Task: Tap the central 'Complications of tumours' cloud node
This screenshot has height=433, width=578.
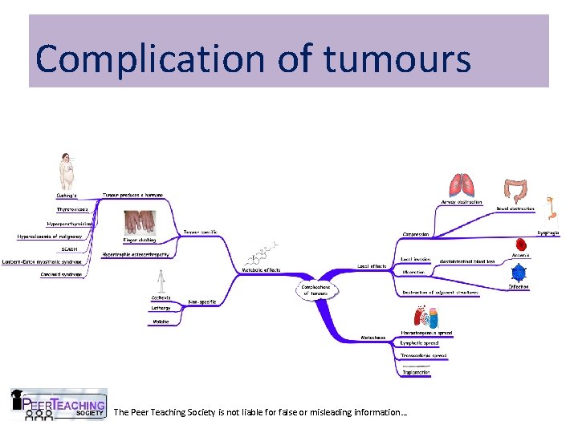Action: (315, 290)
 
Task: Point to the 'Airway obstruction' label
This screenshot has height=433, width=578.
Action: (462, 202)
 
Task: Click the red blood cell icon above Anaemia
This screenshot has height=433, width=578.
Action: (521, 245)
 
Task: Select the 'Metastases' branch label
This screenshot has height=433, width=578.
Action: (373, 338)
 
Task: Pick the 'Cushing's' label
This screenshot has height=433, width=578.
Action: (66, 195)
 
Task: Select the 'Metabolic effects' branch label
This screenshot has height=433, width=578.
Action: (261, 270)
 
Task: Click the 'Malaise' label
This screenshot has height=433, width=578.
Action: (161, 322)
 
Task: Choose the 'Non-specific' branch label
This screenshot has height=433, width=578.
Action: (201, 301)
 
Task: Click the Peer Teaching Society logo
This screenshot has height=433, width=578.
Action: (58, 405)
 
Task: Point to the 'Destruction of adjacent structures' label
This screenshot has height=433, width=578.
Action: (440, 293)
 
